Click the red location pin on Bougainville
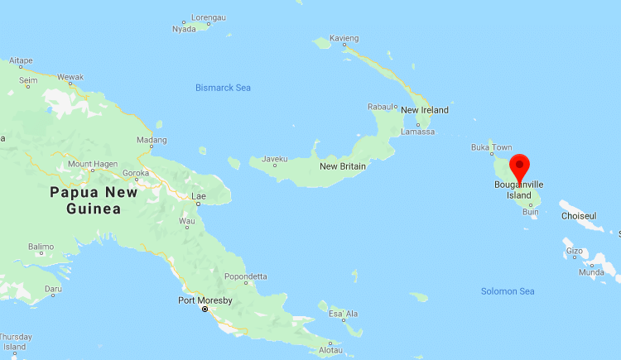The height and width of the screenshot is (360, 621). click(519, 166)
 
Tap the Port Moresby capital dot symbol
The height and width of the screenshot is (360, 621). click(205, 310)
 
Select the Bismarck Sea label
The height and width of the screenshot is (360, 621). click(223, 88)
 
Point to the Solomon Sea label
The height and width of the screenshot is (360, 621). click(508, 291)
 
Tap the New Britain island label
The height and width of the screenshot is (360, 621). click(343, 166)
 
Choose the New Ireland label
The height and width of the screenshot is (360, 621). click(424, 110)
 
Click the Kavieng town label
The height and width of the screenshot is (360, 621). click(344, 39)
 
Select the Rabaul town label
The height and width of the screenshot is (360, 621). click(381, 107)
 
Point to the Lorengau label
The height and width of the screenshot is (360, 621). click(208, 17)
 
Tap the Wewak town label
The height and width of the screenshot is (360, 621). click(70, 77)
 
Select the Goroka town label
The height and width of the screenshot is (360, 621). click(136, 174)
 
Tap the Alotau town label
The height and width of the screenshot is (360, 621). click(330, 350)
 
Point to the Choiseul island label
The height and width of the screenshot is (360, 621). click(578, 216)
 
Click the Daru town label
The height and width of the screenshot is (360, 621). click(53, 290)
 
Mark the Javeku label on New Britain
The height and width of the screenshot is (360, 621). click(274, 158)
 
